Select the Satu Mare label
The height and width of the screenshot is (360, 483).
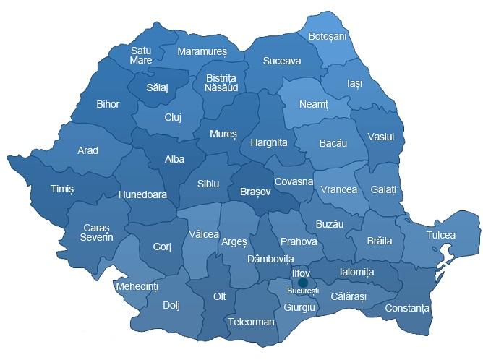coord(141,56)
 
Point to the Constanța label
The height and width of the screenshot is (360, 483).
coord(407,309)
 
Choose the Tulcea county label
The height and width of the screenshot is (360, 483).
coord(440,235)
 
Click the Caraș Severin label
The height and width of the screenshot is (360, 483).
coord(97,232)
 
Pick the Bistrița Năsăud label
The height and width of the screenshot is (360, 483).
coord(221,82)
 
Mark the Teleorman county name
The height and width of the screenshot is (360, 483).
coord(250,321)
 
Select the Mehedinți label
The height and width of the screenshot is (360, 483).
coord(137,287)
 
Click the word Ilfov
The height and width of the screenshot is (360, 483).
coord(300,274)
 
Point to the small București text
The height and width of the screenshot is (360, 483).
coord(302,291)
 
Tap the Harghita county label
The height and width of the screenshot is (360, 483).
coord(268,142)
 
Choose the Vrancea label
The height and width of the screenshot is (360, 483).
coord(339,189)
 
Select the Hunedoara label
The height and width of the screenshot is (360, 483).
coord(143,194)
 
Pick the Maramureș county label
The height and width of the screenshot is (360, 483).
coord(202,53)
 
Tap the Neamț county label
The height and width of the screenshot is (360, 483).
coord(314,105)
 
